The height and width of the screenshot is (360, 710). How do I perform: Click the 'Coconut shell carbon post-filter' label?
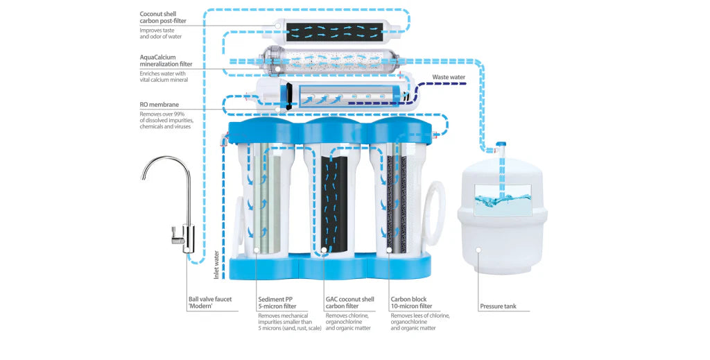pos(163,17)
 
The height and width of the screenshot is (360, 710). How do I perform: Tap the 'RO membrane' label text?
pos(159,105)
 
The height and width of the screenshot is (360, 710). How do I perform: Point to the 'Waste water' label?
pos(449,77)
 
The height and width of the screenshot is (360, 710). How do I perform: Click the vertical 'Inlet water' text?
pos(216,264)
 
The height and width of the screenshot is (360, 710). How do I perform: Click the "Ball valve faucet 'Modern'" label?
pos(209,302)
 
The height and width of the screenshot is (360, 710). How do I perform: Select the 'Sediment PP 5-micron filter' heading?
pos(277,302)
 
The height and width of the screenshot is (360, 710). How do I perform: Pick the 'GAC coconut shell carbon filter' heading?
pos(349,302)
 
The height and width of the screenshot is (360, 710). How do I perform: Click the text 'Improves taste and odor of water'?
pos(161,34)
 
